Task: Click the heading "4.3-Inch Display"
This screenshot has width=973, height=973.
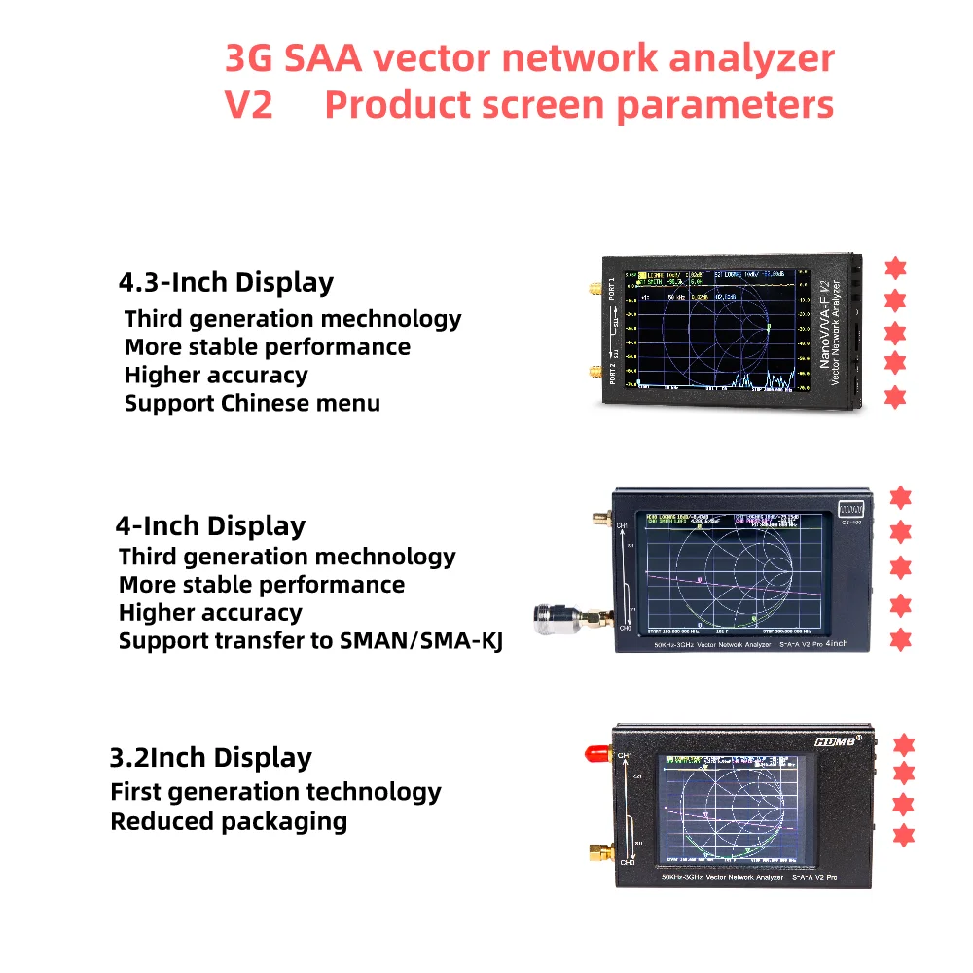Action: click(x=226, y=283)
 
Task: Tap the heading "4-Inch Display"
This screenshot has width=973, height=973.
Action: click(x=210, y=526)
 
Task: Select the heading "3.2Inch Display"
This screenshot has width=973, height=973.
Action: click(x=210, y=758)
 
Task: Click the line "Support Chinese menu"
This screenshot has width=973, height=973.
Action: click(x=252, y=403)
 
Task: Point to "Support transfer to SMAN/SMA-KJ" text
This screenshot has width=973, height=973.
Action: click(x=310, y=641)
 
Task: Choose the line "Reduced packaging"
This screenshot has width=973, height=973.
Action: click(x=229, y=821)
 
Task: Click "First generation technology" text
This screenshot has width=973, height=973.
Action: click(x=275, y=792)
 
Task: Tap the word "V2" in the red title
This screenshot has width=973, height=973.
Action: click(x=249, y=105)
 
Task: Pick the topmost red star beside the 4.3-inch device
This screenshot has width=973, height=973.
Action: click(x=895, y=268)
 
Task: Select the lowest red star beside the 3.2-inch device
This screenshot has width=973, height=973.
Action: click(x=904, y=835)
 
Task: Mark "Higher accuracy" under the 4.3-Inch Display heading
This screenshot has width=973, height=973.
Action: click(x=216, y=376)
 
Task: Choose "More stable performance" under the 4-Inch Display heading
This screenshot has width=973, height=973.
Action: click(x=262, y=585)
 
